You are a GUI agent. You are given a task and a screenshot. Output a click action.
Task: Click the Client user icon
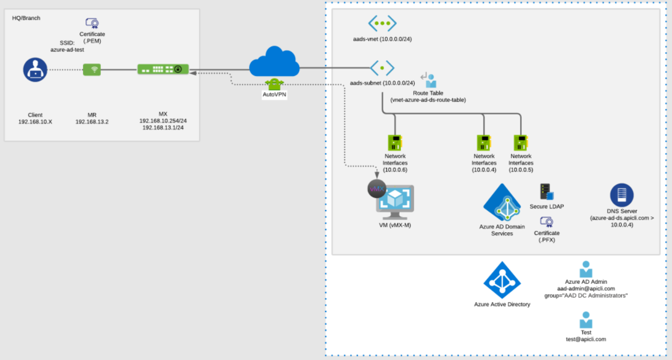pos(35,70)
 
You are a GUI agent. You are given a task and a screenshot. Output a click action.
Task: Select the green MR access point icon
pos(92,70)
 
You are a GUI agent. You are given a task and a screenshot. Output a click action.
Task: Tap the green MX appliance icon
pos(163,69)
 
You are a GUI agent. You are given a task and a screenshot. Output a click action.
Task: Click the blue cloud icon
pos(274,62)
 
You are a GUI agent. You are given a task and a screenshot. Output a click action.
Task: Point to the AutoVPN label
pos(274,95)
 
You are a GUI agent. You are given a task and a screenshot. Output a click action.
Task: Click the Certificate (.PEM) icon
pos(92,23)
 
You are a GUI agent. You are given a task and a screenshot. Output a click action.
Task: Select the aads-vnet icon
pos(382,23)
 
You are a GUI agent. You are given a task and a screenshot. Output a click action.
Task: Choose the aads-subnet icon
pos(382,68)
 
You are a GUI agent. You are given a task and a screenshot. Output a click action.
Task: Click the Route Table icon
pos(429,79)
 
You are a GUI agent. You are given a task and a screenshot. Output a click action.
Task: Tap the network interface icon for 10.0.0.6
pos(395,143)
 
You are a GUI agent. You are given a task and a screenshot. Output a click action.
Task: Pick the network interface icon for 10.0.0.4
pos(484,143)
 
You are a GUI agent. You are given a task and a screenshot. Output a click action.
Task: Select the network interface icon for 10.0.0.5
pos(520,143)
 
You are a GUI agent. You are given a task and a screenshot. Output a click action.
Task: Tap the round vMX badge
pos(377,189)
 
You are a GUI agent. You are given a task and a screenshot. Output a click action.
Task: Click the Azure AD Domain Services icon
pos(501,203)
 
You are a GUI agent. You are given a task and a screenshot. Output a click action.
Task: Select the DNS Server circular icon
pos(622,195)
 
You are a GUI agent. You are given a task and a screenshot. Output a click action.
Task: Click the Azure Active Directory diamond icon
pos(502,280)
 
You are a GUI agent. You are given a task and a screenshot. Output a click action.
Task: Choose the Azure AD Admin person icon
pos(586,269)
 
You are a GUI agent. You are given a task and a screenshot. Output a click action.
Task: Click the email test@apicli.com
pos(586,339)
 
